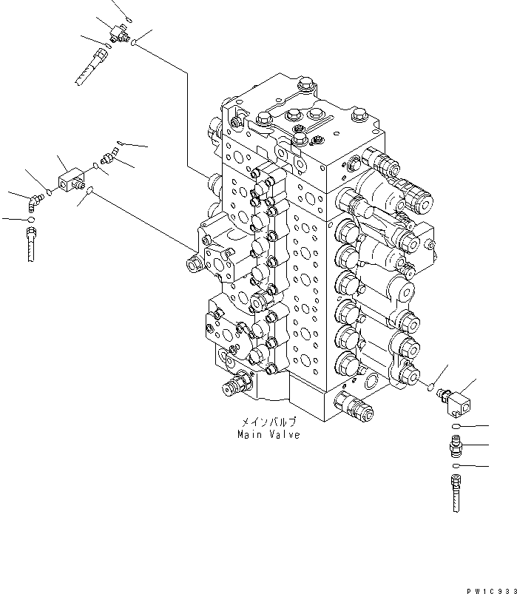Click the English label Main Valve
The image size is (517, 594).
tap(268, 435)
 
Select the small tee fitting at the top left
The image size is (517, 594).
tap(117, 31)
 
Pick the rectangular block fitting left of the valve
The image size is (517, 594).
tap(72, 180)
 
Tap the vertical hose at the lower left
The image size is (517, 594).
tap(30, 244)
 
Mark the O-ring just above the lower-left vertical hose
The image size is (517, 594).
tap(29, 219)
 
